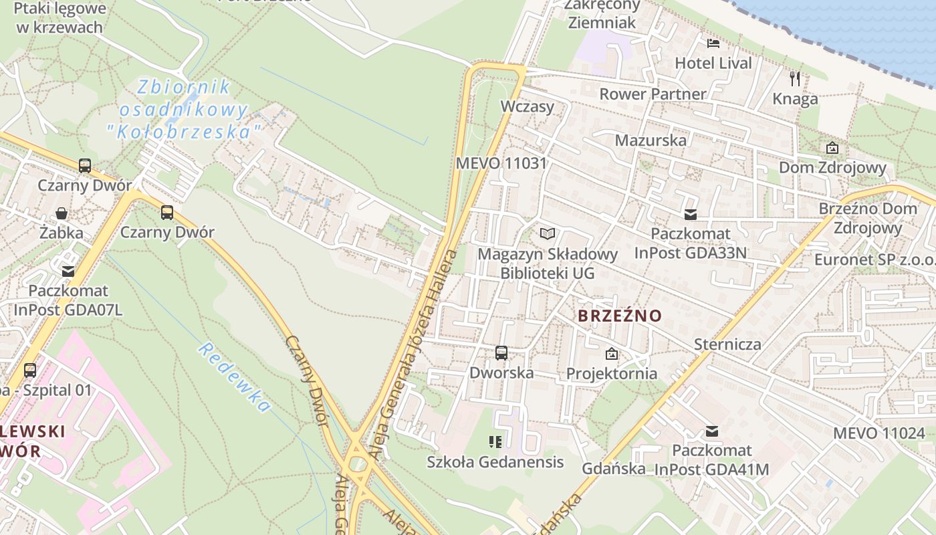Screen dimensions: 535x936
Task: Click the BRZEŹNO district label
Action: (619, 316)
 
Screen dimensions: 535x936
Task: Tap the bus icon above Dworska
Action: (501, 352)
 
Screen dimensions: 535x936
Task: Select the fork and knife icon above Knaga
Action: (794, 79)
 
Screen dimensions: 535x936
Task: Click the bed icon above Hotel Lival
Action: (713, 43)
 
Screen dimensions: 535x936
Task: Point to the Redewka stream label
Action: (235, 377)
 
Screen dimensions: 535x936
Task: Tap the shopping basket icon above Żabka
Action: (62, 213)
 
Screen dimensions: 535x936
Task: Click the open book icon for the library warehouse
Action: (548, 233)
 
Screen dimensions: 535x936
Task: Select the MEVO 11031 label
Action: (501, 163)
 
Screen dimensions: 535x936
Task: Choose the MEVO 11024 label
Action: (879, 433)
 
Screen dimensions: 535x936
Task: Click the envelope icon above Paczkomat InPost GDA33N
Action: (690, 215)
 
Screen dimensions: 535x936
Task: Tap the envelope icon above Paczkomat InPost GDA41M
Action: (712, 431)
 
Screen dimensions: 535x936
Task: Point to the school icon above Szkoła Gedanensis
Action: (495, 441)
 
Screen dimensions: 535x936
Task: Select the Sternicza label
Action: (727, 344)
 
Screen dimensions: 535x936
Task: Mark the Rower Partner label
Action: (653, 94)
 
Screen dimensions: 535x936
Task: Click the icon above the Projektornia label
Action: (611, 354)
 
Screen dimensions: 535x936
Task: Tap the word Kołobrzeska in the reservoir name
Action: (183, 132)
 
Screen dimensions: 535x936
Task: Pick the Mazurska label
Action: (651, 140)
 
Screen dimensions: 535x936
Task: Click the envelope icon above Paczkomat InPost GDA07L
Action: (68, 271)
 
